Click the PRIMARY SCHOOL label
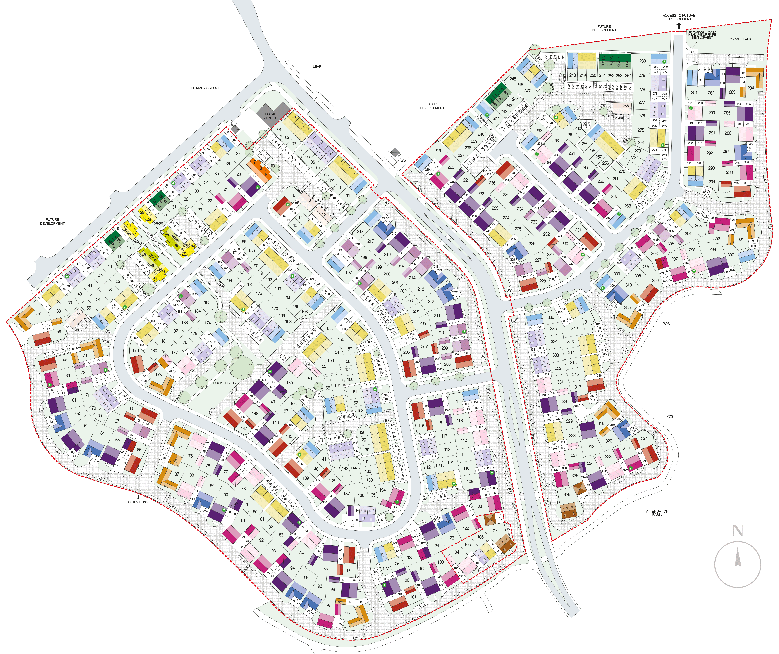tap(205, 88)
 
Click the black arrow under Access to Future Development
tap(679, 26)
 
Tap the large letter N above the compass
tap(737, 531)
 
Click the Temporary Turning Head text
tap(702, 34)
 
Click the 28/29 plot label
tap(158, 224)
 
